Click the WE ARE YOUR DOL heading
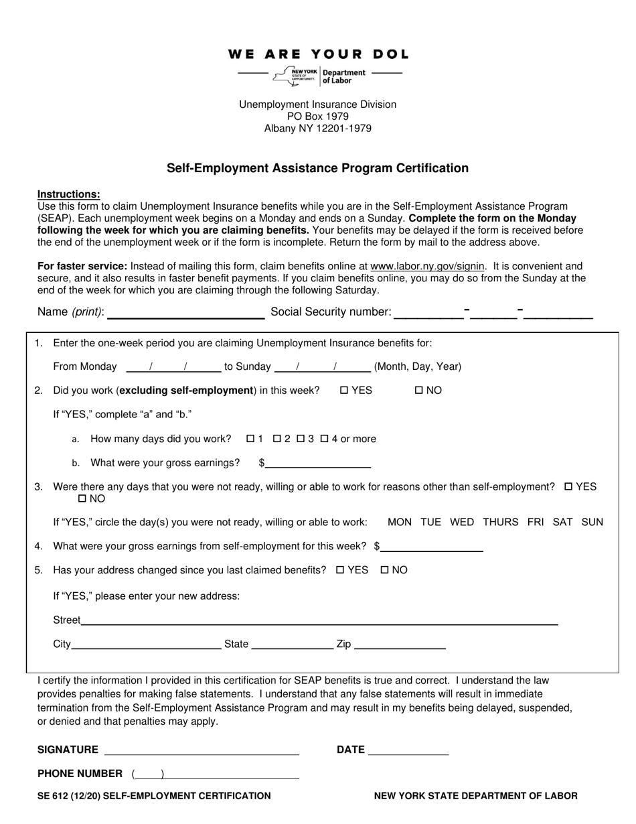318,54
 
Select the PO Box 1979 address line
318,117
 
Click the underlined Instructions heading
68,194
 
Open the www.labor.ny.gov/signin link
427,266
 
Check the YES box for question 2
344,391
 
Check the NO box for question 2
419,391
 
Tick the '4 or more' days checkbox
324,439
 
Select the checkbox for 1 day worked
250,439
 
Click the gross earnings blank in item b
318,464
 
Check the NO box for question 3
82,499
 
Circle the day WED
462,523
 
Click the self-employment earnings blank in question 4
432,547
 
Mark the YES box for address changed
340,570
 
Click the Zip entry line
400,644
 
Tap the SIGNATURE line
202,750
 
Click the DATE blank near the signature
408,750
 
